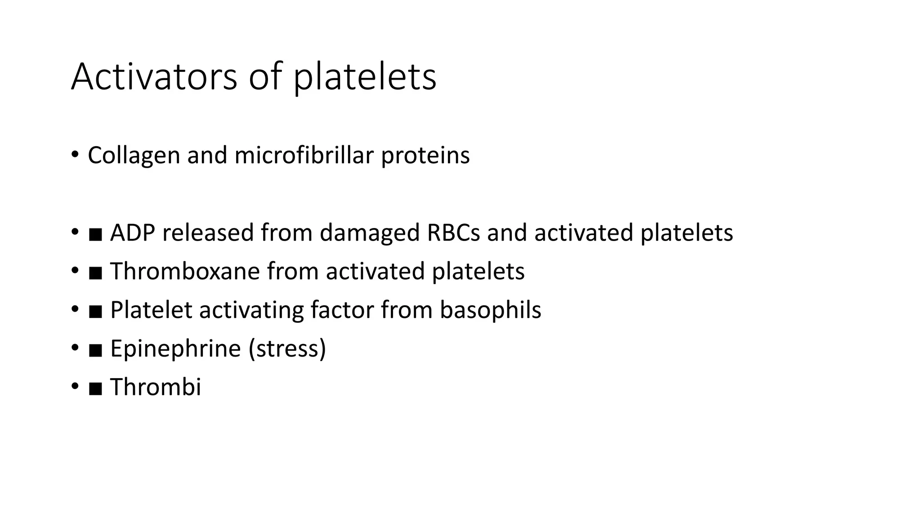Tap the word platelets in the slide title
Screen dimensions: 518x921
click(365, 77)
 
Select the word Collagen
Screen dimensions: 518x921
click(134, 156)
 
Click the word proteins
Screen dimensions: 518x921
click(425, 156)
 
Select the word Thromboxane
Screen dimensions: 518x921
click(185, 271)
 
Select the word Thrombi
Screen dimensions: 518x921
click(156, 387)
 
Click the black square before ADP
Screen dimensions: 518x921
click(95, 234)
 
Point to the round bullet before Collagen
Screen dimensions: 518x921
click(75, 155)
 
